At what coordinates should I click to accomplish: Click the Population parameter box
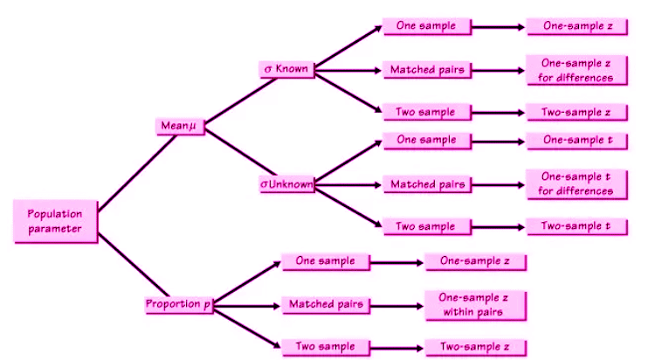point(54,221)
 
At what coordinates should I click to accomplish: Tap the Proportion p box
point(179,304)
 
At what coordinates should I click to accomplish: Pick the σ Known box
point(288,67)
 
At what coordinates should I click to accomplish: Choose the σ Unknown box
point(287,184)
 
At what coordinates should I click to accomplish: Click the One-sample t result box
point(576,141)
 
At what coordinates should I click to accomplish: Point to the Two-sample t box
point(576,226)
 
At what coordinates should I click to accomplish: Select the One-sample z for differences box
point(576,70)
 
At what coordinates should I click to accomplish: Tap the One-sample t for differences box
point(576,183)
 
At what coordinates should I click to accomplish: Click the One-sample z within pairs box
point(475,304)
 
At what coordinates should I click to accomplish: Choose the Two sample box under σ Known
point(425,112)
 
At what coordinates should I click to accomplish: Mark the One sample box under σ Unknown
point(425,140)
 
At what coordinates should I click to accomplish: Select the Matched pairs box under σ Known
point(425,70)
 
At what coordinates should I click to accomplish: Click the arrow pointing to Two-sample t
point(499,226)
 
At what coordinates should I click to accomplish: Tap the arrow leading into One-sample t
point(499,141)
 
